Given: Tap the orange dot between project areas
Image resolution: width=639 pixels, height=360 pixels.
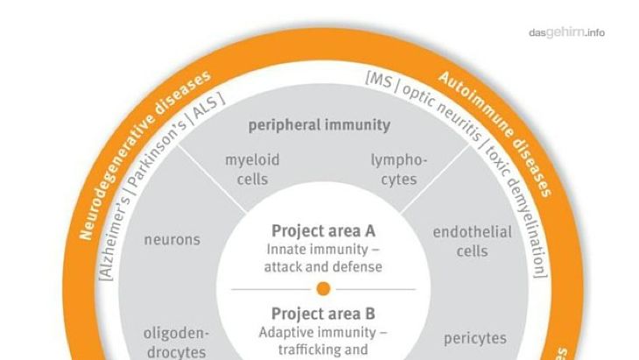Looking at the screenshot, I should pyautogui.click(x=323, y=289).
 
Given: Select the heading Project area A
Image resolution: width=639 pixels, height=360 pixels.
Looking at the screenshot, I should pyautogui.click(x=323, y=231).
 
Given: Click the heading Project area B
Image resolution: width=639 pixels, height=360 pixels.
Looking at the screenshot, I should pyautogui.click(x=323, y=314).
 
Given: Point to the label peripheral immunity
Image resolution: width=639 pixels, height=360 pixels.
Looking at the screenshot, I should pyautogui.click(x=319, y=124).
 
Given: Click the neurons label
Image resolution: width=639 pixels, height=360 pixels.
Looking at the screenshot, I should pyautogui.click(x=172, y=239).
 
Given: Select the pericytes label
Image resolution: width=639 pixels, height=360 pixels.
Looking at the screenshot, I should pyautogui.click(x=475, y=338).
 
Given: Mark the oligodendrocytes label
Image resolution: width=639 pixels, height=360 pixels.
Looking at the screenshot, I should pyautogui.click(x=174, y=342).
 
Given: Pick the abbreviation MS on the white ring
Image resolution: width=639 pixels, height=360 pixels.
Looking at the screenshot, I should pyautogui.click(x=378, y=81).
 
